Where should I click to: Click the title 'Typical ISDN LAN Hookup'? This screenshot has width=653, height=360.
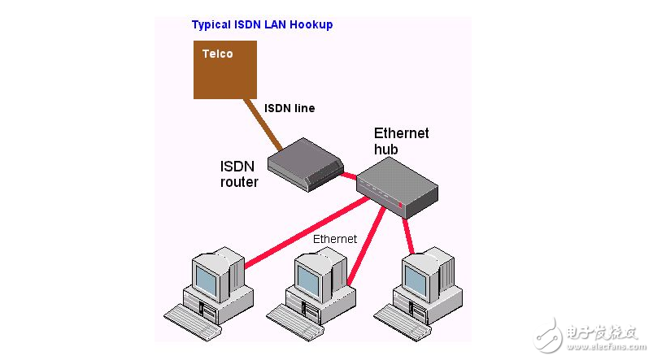pyautogui.click(x=262, y=25)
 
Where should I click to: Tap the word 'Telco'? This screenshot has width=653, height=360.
pyautogui.click(x=217, y=54)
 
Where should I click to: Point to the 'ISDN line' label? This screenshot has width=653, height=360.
pyautogui.click(x=289, y=108)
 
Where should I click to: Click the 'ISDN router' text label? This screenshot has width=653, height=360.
pyautogui.click(x=239, y=174)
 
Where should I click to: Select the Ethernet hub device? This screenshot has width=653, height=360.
pyautogui.click(x=398, y=185)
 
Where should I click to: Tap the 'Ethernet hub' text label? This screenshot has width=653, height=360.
pyautogui.click(x=401, y=141)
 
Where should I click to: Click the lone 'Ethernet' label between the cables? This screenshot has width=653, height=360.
pyautogui.click(x=335, y=239)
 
